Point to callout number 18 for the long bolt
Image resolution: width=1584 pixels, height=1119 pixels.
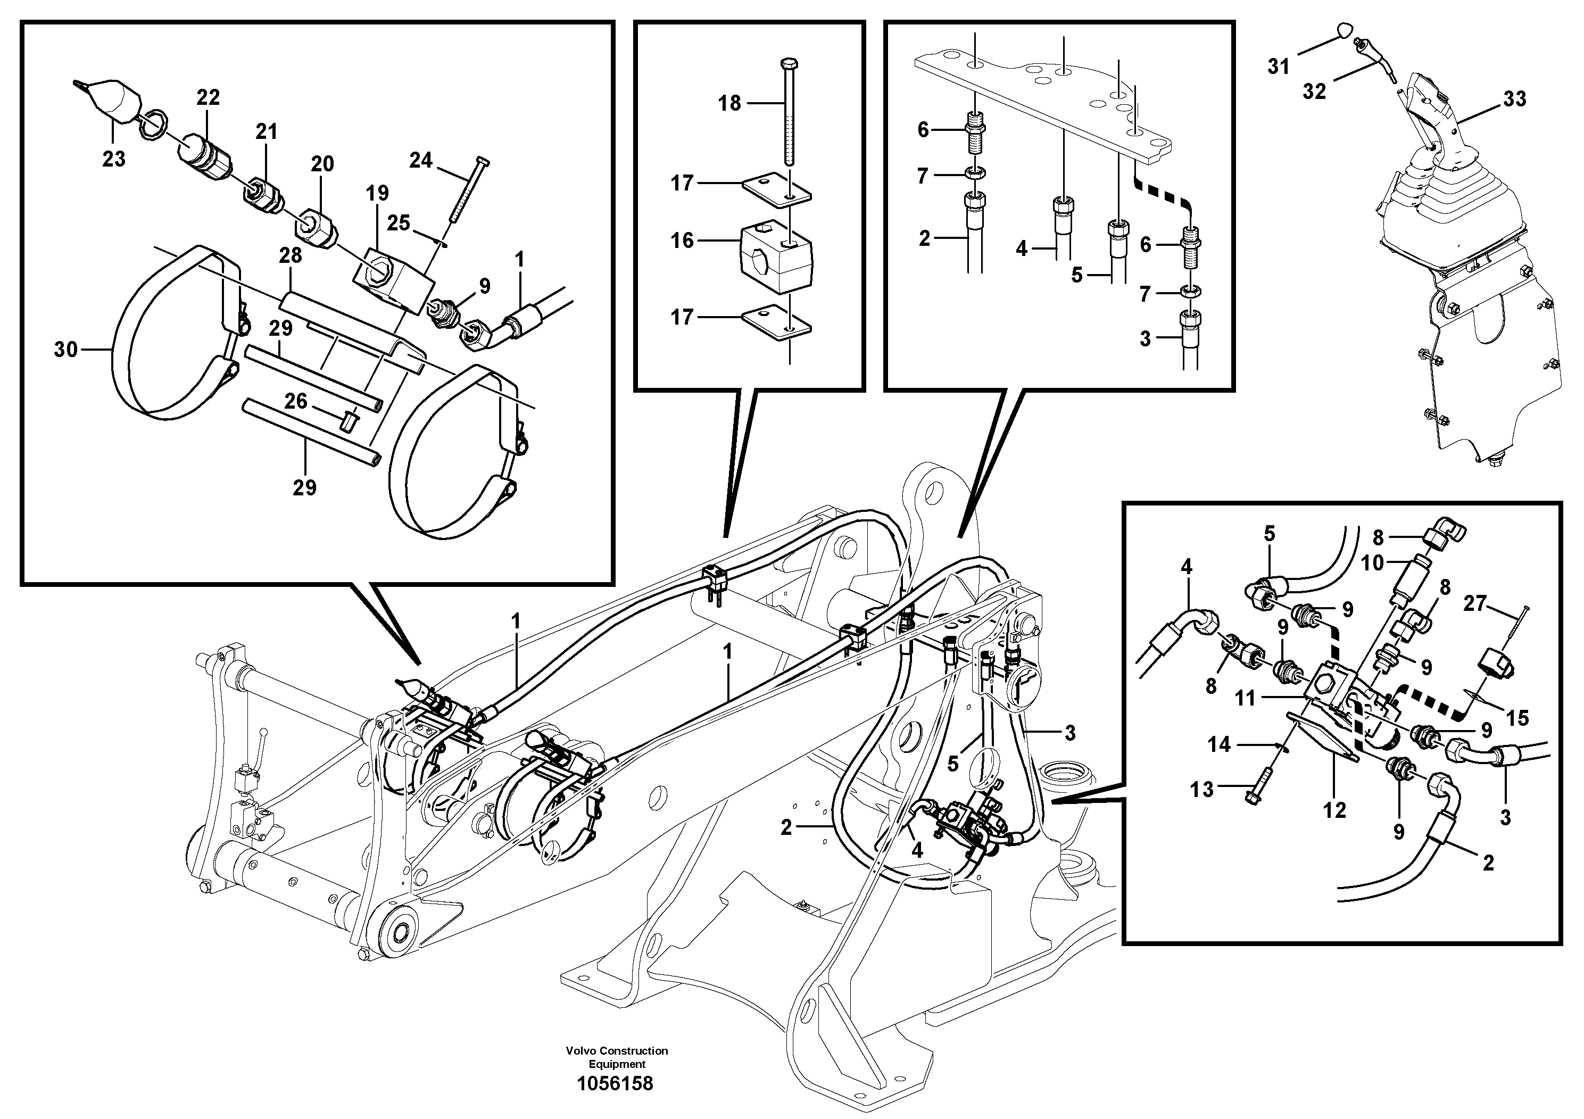click(x=729, y=103)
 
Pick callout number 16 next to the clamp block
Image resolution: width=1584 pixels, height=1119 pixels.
click(x=682, y=241)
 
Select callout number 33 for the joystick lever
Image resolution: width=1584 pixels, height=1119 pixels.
click(x=1514, y=100)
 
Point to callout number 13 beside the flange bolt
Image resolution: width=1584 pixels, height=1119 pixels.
click(x=1202, y=789)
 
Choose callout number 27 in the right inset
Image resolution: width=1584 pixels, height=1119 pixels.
click(x=1474, y=603)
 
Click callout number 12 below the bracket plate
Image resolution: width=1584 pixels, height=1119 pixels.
click(x=1334, y=810)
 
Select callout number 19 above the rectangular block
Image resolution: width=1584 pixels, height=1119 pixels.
click(x=377, y=193)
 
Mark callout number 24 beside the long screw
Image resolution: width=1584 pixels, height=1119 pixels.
click(x=421, y=161)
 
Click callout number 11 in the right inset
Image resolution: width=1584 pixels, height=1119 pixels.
click(x=1245, y=699)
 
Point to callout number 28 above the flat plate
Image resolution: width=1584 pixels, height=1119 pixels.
click(x=291, y=255)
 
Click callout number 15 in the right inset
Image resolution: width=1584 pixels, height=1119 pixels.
click(x=1517, y=718)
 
